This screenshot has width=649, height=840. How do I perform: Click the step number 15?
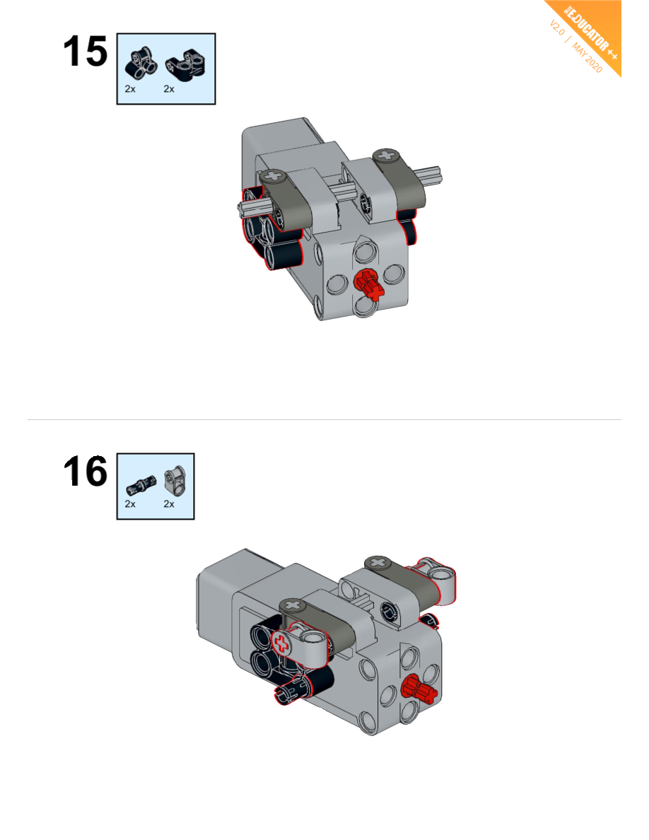tap(85, 52)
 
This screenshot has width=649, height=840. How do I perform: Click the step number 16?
tap(85, 472)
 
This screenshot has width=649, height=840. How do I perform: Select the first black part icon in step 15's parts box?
tap(141, 63)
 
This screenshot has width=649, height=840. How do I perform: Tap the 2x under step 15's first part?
tap(130, 89)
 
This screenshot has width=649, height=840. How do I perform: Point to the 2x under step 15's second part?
tap(169, 89)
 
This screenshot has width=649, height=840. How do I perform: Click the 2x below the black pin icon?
tap(130, 504)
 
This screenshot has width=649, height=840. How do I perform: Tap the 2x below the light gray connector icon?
tap(169, 504)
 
